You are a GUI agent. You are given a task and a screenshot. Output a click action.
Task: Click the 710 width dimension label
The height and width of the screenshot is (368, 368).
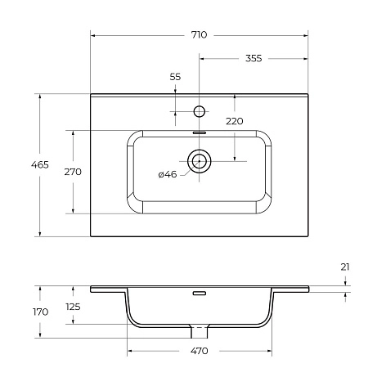(199, 35)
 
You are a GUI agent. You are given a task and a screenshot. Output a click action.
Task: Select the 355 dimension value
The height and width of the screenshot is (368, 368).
(253, 58)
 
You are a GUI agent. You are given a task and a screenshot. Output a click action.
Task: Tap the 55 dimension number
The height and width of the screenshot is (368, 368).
(175, 76)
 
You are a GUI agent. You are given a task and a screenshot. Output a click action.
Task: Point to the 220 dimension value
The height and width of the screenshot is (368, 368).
(235, 121)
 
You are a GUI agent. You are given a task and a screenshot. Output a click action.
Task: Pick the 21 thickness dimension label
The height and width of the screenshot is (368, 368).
(345, 267)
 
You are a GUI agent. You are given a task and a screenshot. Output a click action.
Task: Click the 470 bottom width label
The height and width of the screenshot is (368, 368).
(199, 351)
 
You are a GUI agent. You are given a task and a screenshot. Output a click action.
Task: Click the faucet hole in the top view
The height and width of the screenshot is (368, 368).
(199, 110)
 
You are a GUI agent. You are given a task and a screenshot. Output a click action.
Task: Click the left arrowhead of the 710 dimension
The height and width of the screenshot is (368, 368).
(93, 35)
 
